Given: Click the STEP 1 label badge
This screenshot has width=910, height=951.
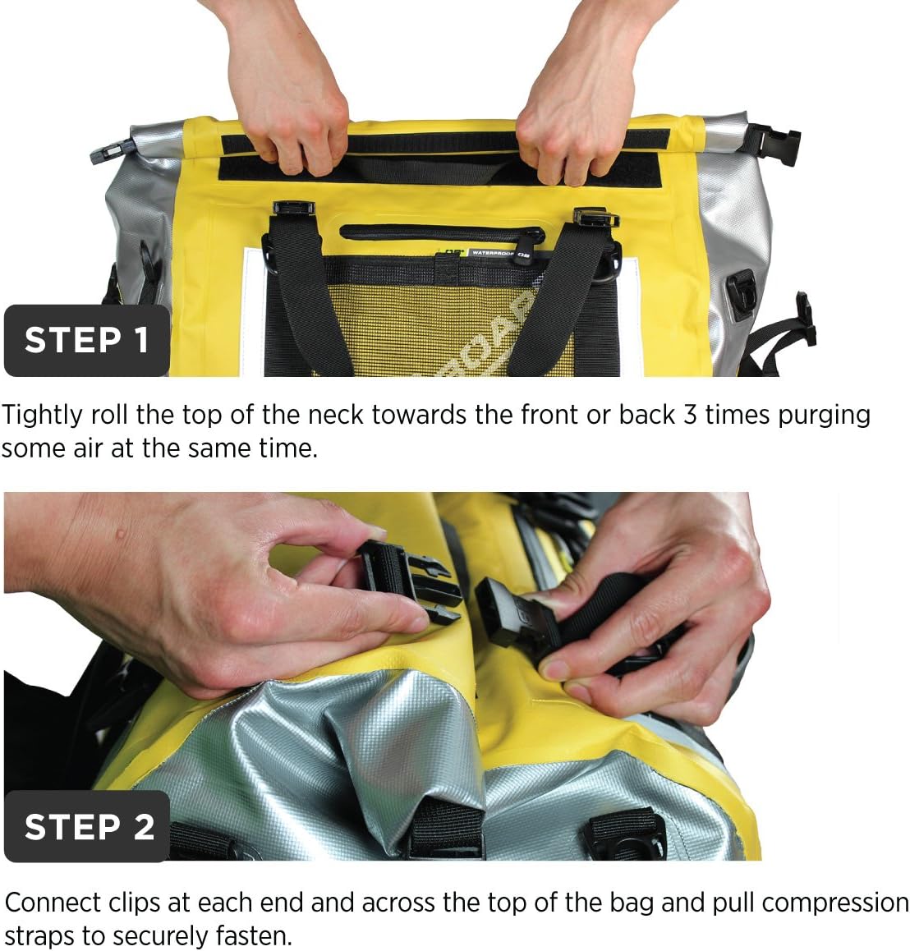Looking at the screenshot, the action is pos(87,340).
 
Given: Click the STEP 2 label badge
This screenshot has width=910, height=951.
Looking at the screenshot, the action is pos(87,826).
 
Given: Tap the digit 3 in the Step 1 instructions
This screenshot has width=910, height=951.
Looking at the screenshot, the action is pos(690,415).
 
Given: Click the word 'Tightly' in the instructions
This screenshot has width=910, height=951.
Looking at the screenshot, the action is pos(43,416).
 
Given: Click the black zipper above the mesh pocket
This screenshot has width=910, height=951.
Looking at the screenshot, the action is pos(442,233).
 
